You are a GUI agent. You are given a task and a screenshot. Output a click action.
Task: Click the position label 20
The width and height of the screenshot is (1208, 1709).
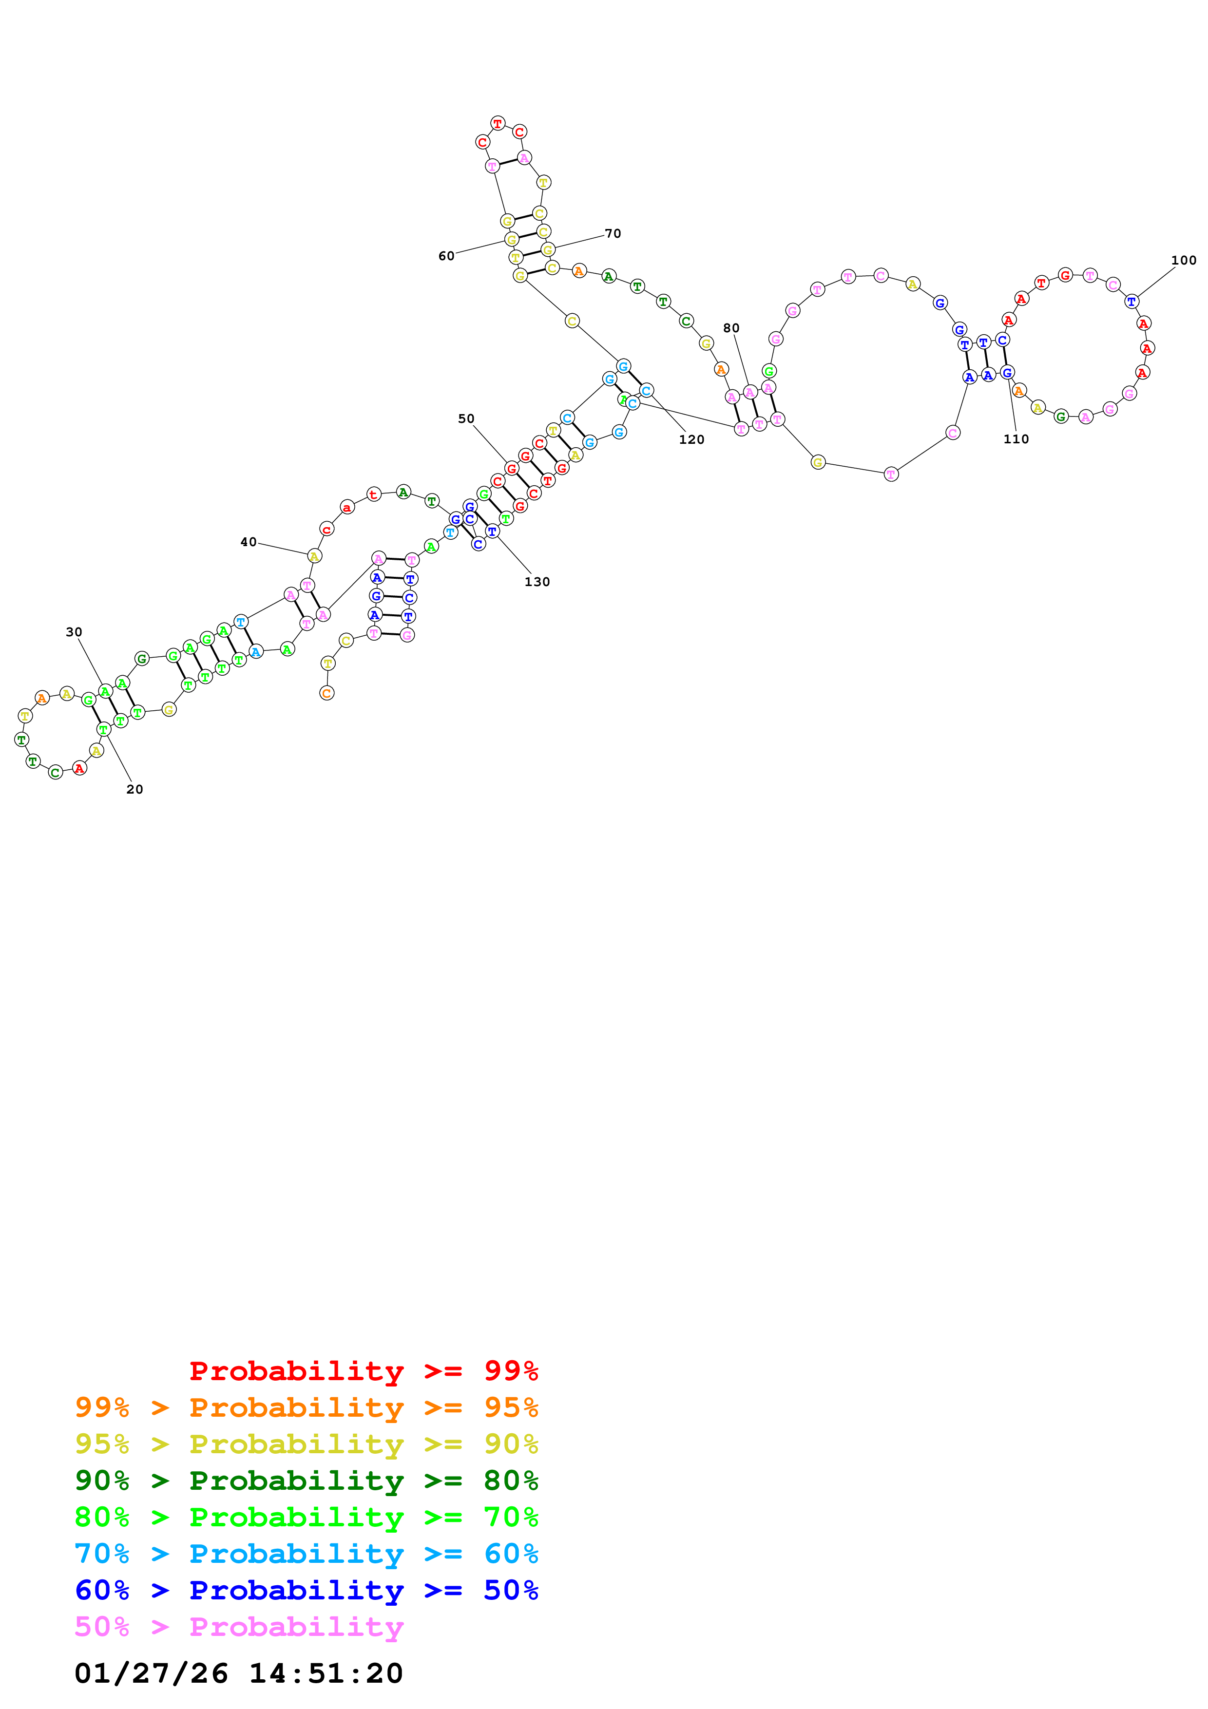(x=134, y=789)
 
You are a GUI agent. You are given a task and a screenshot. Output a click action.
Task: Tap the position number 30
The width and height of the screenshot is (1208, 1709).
(x=74, y=632)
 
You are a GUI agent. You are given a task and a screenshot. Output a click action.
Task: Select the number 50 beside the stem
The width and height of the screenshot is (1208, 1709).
(x=466, y=418)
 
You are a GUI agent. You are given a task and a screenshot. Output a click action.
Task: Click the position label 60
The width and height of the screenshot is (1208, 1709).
(x=446, y=256)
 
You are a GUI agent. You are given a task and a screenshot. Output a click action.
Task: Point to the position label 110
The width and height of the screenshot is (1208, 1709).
(x=1016, y=439)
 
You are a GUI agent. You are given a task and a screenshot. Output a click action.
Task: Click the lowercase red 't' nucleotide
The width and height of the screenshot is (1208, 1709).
(x=374, y=494)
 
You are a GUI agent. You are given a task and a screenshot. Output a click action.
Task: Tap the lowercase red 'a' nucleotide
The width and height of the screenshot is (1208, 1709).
(x=347, y=508)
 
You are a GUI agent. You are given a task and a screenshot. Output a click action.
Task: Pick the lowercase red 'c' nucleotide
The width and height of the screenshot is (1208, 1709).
(x=327, y=529)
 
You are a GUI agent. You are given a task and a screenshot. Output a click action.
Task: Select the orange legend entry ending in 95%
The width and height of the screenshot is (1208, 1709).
(x=307, y=1407)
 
